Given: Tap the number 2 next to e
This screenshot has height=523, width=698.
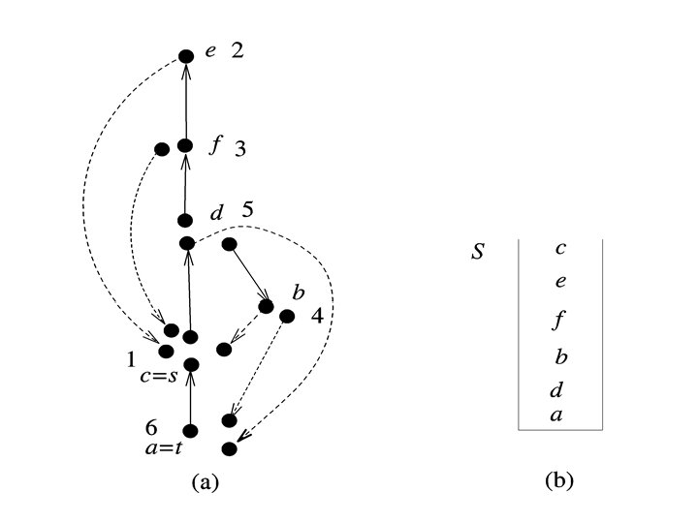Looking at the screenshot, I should (238, 50).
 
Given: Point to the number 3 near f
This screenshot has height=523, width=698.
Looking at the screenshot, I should (240, 149).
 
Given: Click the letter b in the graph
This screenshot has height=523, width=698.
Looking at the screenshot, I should (299, 292).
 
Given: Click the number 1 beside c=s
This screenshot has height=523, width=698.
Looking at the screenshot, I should (130, 359).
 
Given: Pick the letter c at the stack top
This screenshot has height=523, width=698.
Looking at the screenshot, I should (560, 248).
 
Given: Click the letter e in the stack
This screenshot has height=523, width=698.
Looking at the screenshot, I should (560, 283).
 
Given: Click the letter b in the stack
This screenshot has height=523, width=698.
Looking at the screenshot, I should (560, 355).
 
